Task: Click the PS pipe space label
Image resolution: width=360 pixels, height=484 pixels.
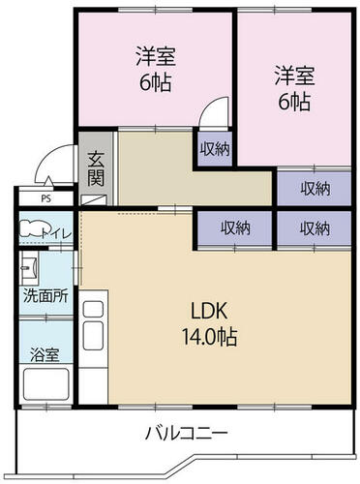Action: coord(46,198)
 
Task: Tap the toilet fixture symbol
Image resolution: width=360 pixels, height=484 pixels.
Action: coord(31,228)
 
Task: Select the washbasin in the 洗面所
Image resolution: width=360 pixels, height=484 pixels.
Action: coord(29,267)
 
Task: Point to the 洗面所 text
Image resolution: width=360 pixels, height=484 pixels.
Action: coord(45,296)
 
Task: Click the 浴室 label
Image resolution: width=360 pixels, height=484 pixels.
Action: coord(45,354)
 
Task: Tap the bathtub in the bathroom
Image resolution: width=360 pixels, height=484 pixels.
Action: coord(46,384)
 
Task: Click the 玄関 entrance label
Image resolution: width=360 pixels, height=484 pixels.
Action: coord(96,168)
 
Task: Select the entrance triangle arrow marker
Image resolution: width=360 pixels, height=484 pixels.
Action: coord(47,181)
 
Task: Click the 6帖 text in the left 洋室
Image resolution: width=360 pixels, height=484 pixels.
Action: coord(155,83)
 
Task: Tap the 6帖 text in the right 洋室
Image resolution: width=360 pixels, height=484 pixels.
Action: coord(294,102)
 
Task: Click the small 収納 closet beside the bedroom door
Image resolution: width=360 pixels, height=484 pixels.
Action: coord(215,149)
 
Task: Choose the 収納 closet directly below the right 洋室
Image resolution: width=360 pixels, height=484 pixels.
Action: coord(315,188)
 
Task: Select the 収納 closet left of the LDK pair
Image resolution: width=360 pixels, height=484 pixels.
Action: coord(235,228)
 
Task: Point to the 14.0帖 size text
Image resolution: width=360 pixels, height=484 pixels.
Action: coord(210,336)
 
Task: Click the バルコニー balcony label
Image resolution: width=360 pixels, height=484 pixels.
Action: coord(187,434)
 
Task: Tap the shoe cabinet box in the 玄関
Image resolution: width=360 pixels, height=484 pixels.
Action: coord(93,200)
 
